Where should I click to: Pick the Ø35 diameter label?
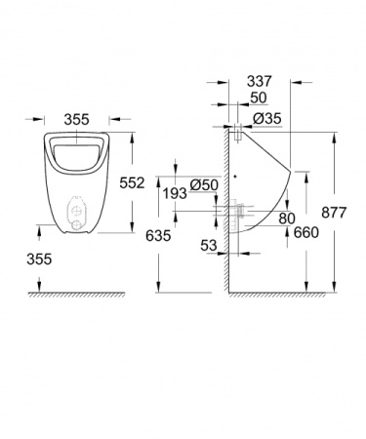(x=267, y=119)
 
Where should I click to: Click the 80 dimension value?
(x=285, y=219)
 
